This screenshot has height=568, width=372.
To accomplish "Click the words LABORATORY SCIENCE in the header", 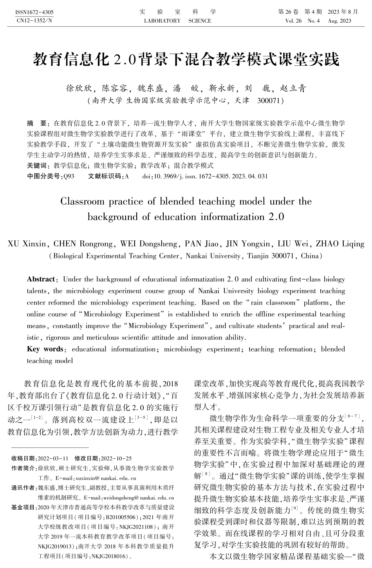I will click(177, 21).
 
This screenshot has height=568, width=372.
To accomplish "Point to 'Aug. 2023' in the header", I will click(339, 21).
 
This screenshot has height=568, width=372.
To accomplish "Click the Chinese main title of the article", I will click(186, 60).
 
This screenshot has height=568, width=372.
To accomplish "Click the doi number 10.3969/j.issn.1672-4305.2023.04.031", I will click(211, 177).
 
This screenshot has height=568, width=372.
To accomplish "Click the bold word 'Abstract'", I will click(41, 279).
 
